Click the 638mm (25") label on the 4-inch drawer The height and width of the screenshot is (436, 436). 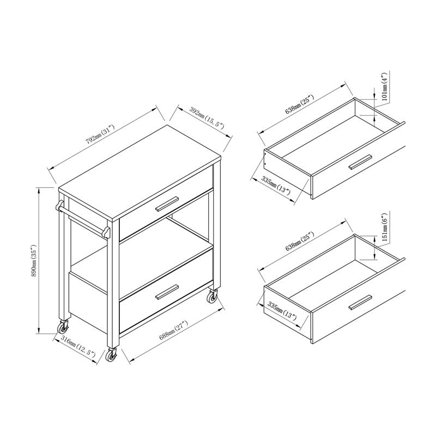tap(300, 105)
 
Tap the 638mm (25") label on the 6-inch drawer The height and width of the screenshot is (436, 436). tap(300, 244)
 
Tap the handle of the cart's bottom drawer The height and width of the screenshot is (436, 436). tap(167, 292)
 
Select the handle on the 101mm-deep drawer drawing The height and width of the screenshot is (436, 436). tap(360, 161)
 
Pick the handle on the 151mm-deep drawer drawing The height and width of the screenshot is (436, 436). tap(360, 301)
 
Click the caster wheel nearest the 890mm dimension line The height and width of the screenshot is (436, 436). tap(63, 328)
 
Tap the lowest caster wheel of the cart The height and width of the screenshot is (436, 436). tap(112, 355)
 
